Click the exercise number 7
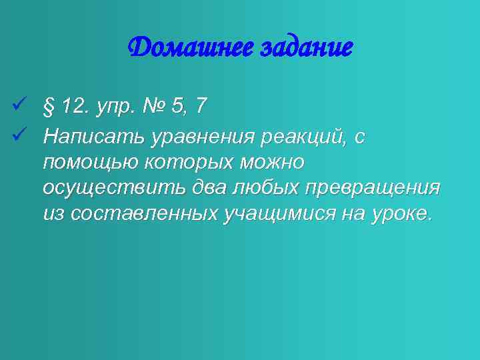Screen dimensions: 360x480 [201, 105]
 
